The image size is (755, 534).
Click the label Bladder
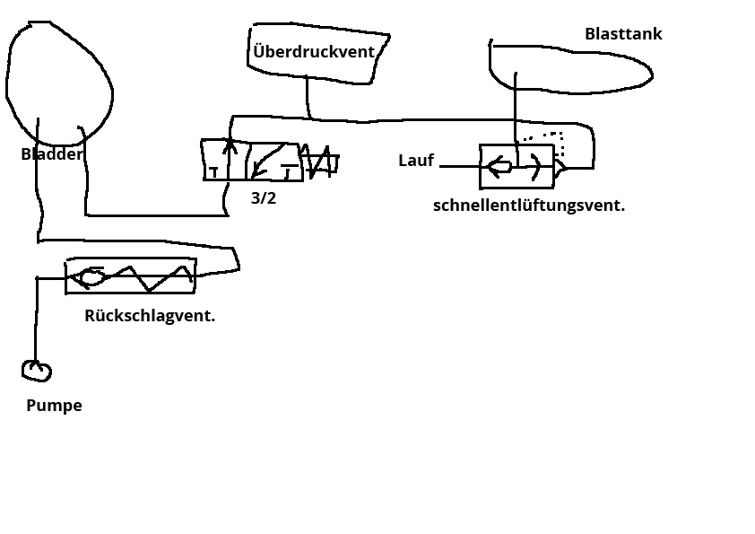tap(51, 154)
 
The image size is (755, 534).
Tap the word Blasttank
tap(623, 34)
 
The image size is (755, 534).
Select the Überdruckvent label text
tap(313, 52)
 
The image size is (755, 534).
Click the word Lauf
tap(416, 161)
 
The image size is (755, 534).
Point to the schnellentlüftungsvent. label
tap(529, 205)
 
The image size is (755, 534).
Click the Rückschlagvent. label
tap(150, 315)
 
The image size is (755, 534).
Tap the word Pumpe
tap(54, 405)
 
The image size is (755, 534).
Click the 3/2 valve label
tap(264, 198)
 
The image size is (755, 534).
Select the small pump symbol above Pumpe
tap(37, 370)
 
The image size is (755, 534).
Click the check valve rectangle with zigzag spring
tap(130, 276)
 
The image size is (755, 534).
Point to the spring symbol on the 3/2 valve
tap(320, 162)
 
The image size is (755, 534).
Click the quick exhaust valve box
tap(516, 166)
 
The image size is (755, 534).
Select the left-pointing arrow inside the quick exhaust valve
tap(499, 166)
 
